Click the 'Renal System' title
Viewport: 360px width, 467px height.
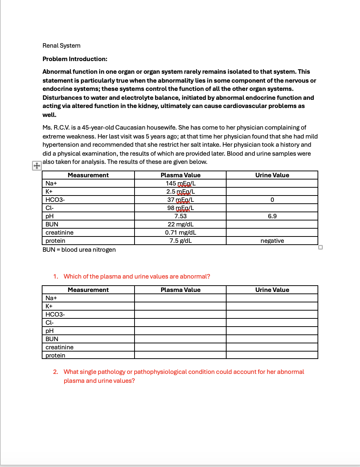point(61,45)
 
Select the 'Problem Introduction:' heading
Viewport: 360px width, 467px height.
point(75,59)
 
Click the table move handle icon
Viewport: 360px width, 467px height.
point(37,166)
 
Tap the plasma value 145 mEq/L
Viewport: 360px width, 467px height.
point(180,183)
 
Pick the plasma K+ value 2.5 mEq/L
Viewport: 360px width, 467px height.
point(180,191)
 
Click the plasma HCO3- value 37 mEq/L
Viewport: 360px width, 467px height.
point(180,200)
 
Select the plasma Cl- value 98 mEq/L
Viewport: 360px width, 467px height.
point(180,208)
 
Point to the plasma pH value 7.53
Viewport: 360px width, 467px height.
point(180,216)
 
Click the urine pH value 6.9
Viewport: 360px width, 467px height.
point(272,216)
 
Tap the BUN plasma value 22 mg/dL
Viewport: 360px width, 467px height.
point(180,224)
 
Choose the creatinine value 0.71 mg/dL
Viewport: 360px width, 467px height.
point(180,232)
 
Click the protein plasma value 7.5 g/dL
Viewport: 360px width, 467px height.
point(180,241)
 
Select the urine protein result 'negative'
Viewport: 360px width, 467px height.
point(272,241)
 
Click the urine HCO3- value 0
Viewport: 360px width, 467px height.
point(272,200)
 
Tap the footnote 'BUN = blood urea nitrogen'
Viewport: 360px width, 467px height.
point(79,250)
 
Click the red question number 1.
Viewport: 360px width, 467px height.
point(56,276)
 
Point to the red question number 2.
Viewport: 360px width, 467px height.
point(56,372)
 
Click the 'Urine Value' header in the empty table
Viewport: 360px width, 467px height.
point(272,290)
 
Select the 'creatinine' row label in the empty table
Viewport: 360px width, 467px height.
point(60,347)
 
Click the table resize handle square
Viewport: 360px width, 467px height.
point(320,247)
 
